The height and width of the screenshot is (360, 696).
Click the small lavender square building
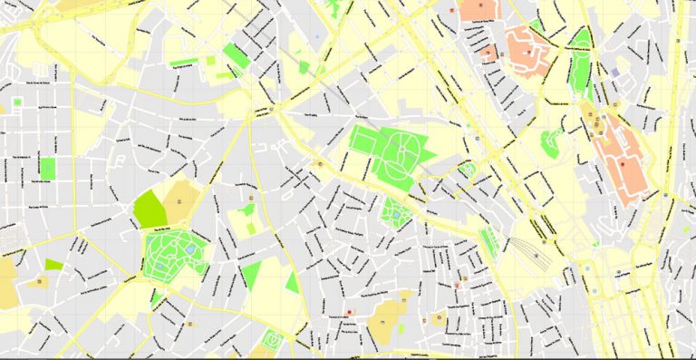[616, 72]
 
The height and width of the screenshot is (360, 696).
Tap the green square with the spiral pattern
[271, 342]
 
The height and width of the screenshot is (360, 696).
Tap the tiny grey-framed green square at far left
[16, 102]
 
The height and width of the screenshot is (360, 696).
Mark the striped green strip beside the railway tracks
[489, 242]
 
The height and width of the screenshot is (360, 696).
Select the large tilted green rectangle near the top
[236, 56]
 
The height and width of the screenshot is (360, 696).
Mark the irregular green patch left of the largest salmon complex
[550, 141]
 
